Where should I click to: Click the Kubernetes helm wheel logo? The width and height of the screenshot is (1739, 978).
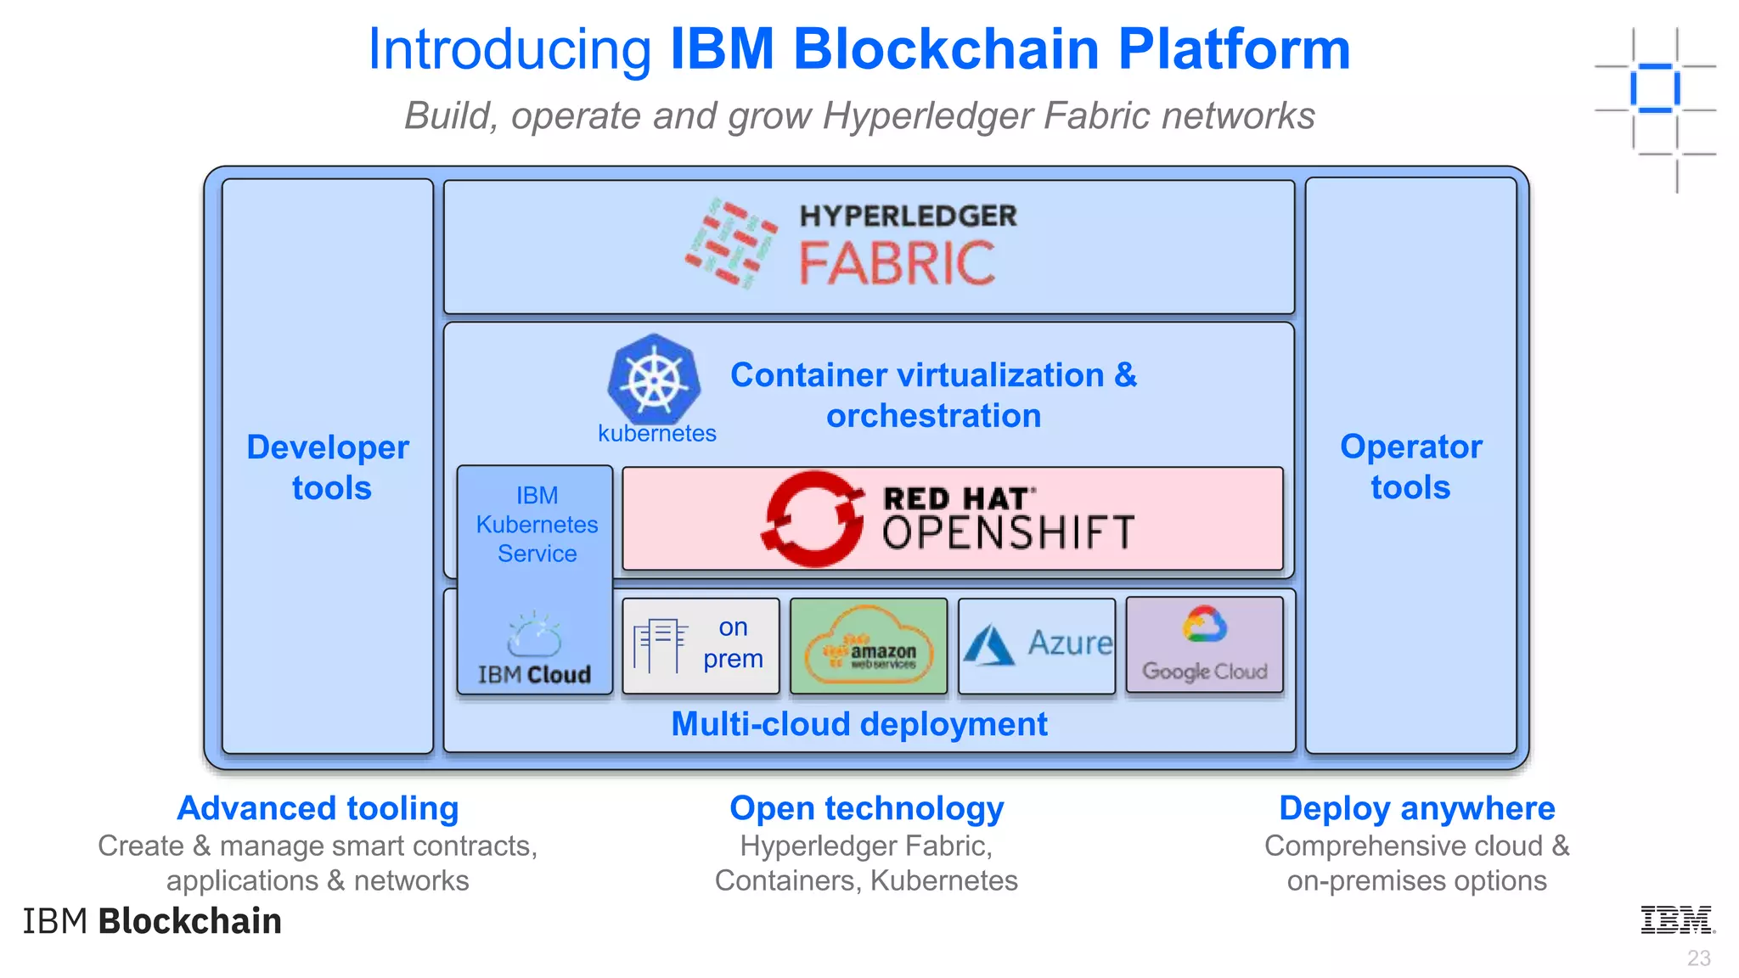point(654,379)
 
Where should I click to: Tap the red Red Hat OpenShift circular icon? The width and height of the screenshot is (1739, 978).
point(813,519)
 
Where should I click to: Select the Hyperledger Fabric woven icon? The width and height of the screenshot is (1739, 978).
point(731,244)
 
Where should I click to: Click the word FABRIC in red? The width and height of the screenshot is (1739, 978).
point(897,263)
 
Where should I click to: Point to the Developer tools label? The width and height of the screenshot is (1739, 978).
point(329,467)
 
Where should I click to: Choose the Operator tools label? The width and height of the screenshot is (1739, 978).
point(1410,466)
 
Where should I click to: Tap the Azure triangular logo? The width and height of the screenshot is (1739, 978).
point(988,645)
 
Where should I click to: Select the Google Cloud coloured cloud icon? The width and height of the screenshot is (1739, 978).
point(1205,625)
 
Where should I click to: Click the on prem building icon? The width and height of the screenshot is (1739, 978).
point(660,645)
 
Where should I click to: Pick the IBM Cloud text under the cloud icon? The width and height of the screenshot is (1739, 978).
point(534,675)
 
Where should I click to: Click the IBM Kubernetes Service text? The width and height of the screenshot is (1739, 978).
point(537,524)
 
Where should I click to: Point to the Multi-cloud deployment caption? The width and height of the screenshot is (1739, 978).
point(858,724)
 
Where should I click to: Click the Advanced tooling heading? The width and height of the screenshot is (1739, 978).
point(318,808)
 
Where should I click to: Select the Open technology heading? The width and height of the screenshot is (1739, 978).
point(866,808)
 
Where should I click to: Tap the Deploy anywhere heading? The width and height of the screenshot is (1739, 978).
point(1416,808)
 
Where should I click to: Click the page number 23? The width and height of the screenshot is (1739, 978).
point(1698,958)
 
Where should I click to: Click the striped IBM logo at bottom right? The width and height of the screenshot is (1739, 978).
point(1677,920)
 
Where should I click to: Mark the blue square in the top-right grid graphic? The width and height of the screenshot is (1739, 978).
point(1655,88)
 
